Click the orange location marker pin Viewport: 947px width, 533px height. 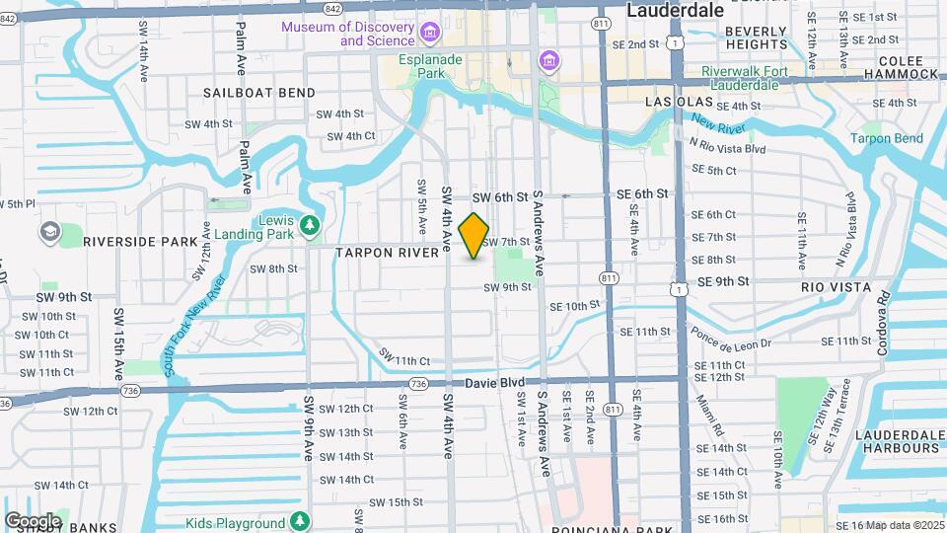pos(474,236)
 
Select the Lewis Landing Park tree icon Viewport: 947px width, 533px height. pos(311,227)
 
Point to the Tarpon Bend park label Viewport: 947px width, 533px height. pos(889,138)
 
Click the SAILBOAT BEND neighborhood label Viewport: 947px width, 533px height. pos(259,93)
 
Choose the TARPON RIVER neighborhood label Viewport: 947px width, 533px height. pos(387,253)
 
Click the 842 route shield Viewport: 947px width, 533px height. pos(331,8)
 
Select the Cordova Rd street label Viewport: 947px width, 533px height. pos(884,323)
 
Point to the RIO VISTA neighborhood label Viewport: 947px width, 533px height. pos(836,287)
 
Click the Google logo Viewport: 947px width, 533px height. pos(33,520)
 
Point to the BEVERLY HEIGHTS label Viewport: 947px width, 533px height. pos(757,38)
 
